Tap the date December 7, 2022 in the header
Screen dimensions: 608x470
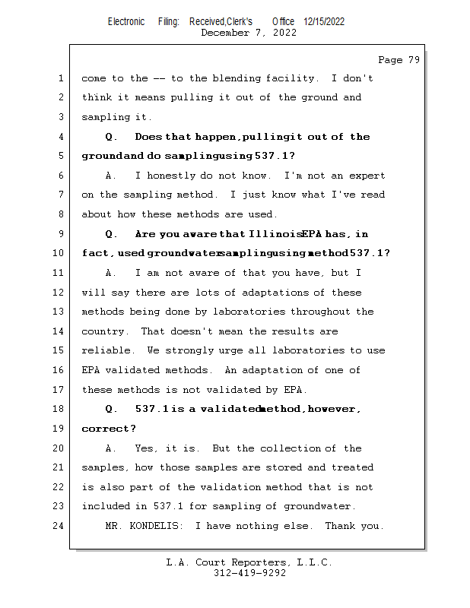249,33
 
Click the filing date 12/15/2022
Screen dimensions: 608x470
324,21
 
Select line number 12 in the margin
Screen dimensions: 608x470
59,293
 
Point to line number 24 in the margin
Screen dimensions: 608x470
59,526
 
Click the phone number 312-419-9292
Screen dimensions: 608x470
249,573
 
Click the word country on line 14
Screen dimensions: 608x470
103,331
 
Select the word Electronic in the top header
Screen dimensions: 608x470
126,21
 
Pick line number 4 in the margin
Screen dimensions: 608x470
59,137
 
